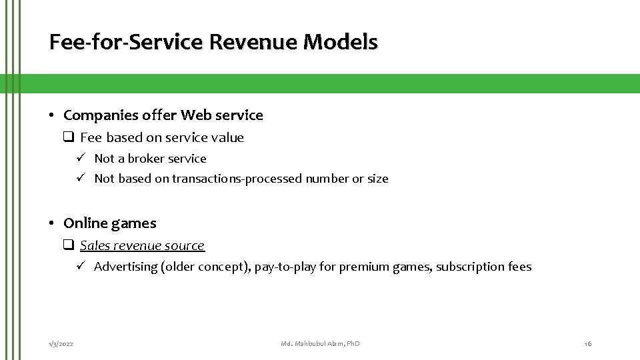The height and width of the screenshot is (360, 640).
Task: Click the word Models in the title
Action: pyautogui.click(x=340, y=42)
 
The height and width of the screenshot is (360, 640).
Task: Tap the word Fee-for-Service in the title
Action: pyautogui.click(x=126, y=42)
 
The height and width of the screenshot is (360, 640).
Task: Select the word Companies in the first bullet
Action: pyautogui.click(x=101, y=115)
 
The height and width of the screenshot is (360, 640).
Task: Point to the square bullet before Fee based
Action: pyautogui.click(x=68, y=137)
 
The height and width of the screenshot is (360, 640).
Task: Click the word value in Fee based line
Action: pyautogui.click(x=228, y=138)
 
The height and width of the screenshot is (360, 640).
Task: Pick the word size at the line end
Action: pyautogui.click(x=377, y=179)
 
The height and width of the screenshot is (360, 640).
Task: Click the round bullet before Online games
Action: pyautogui.click(x=52, y=223)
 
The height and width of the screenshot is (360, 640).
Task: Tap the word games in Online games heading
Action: pyautogui.click(x=136, y=223)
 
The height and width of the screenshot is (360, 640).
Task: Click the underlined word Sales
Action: pyautogui.click(x=93, y=245)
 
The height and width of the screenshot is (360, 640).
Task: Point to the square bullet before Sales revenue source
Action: pyautogui.click(x=68, y=245)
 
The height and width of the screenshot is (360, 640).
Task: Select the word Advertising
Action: pyautogui.click(x=125, y=267)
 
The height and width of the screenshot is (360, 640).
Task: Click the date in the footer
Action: pyautogui.click(x=61, y=343)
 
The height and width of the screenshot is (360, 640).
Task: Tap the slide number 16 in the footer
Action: pyautogui.click(x=587, y=343)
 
